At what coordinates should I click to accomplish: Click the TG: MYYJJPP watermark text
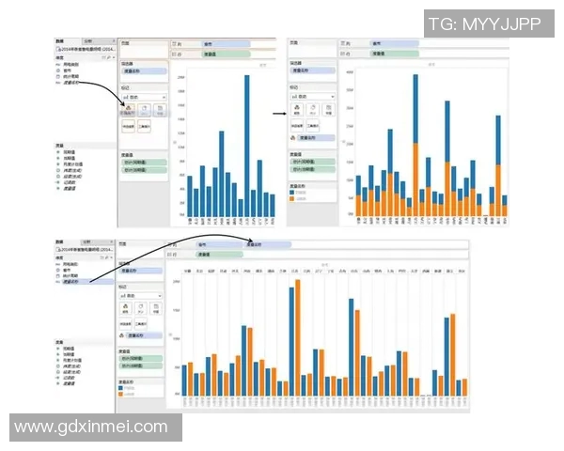[x=483, y=24]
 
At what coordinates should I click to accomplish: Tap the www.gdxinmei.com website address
[x=91, y=427]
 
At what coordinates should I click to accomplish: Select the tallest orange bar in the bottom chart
[x=298, y=337]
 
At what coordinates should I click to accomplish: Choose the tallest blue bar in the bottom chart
[x=291, y=341]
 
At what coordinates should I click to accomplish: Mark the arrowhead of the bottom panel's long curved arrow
[x=249, y=243]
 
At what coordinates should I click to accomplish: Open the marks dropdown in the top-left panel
[x=143, y=96]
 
